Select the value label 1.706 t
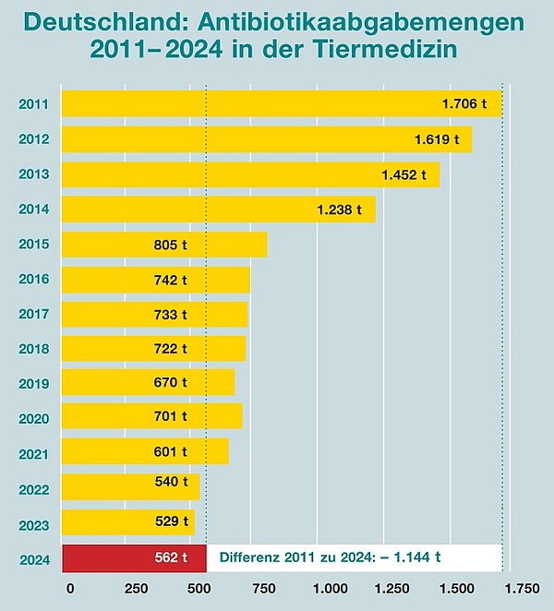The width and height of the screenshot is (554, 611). pyautogui.click(x=464, y=104)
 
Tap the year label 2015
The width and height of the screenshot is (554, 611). pyautogui.click(x=34, y=245)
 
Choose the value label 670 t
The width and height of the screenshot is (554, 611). pyautogui.click(x=171, y=382)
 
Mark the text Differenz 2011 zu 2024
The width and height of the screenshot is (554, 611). pyautogui.click(x=307, y=557)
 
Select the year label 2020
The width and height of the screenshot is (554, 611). pyautogui.click(x=34, y=418)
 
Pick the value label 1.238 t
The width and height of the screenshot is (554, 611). pyautogui.click(x=339, y=210)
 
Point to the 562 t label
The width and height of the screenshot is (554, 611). pyautogui.click(x=171, y=557)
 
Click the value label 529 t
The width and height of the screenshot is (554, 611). pyautogui.click(x=171, y=521)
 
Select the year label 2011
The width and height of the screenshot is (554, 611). pyautogui.click(x=34, y=104)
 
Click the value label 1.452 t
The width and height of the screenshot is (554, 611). pyautogui.click(x=404, y=174)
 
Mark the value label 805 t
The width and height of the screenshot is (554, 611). pyautogui.click(x=171, y=245)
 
